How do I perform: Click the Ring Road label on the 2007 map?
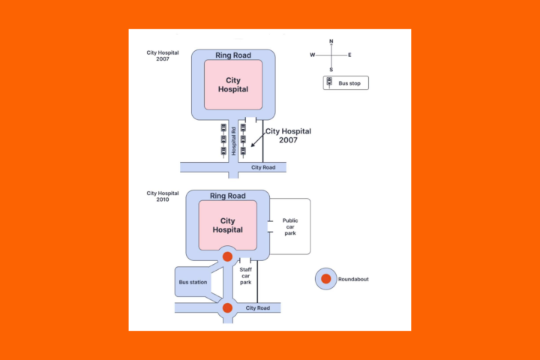click(232, 55)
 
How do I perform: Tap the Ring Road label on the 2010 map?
click(227, 196)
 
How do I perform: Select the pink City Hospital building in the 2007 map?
click(232, 84)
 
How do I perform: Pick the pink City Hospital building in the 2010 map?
click(227, 225)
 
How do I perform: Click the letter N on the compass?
click(331, 42)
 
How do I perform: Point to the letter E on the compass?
click(349, 55)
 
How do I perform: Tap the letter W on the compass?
click(313, 55)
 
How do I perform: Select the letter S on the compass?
click(331, 69)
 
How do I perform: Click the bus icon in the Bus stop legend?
click(330, 82)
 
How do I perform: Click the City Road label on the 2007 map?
click(263, 167)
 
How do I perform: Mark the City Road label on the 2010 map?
click(257, 307)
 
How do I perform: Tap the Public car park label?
click(290, 226)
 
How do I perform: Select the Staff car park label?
click(245, 275)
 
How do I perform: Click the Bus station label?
click(193, 282)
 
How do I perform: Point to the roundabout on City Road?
click(227, 307)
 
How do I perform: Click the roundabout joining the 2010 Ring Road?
click(227, 256)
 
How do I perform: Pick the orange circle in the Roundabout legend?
click(325, 279)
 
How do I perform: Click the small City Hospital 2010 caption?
click(157, 196)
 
